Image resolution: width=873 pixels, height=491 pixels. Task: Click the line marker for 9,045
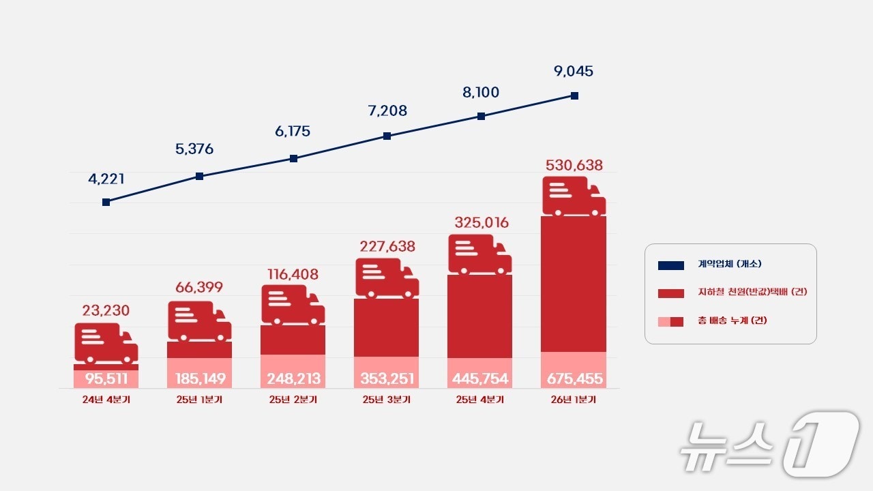pyautogui.click(x=574, y=96)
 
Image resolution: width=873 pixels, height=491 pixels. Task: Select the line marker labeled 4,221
pyautogui.click(x=106, y=202)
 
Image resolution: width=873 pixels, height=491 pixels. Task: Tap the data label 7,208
pyautogui.click(x=387, y=110)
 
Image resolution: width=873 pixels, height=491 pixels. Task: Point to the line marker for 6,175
pyautogui.click(x=293, y=158)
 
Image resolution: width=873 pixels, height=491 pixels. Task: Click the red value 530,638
pyautogui.click(x=574, y=165)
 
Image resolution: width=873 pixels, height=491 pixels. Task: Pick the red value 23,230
pyautogui.click(x=106, y=311)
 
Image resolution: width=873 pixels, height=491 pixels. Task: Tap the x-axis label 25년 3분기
pyautogui.click(x=386, y=400)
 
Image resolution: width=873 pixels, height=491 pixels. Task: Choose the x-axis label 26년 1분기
pyautogui.click(x=574, y=400)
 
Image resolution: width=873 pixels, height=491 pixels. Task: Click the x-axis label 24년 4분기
pyautogui.click(x=106, y=400)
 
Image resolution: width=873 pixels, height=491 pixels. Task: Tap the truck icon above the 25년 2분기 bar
pyautogui.click(x=293, y=305)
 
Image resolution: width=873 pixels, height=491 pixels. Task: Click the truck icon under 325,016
pyautogui.click(x=480, y=254)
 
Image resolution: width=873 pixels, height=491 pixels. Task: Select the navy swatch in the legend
pyautogui.click(x=671, y=265)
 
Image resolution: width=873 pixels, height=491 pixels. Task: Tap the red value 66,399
pyautogui.click(x=199, y=287)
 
